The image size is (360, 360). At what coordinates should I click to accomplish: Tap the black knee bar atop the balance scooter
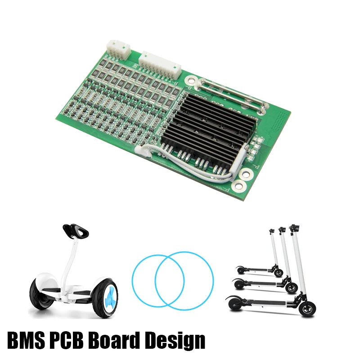(x=75, y=230)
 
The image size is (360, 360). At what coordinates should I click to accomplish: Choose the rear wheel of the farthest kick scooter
(x=241, y=270)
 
